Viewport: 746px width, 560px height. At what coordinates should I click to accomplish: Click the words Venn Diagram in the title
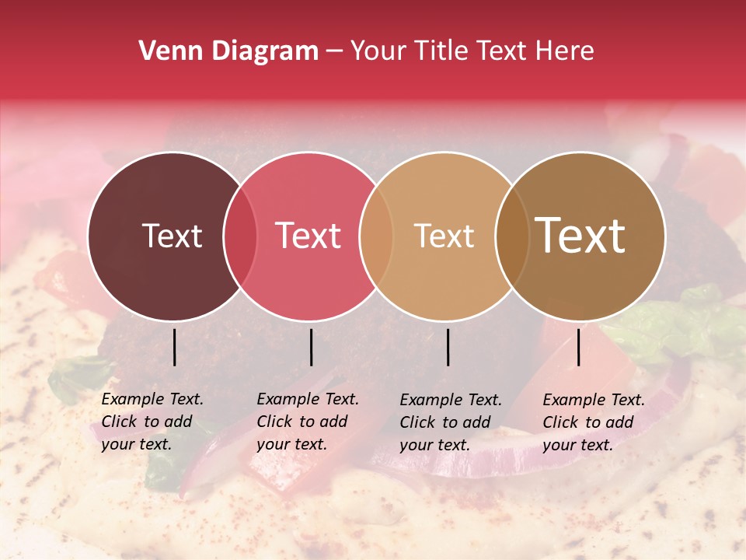[x=228, y=51]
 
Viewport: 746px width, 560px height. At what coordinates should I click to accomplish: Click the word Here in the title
[x=565, y=51]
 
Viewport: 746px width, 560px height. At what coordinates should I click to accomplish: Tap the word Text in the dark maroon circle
[x=172, y=236]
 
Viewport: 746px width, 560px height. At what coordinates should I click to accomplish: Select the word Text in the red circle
[x=308, y=236]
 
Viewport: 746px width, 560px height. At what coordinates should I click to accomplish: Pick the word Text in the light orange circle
[x=444, y=236]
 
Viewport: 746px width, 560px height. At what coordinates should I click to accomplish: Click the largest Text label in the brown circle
[x=580, y=236]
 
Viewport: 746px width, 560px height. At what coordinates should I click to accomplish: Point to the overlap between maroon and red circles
[x=240, y=236]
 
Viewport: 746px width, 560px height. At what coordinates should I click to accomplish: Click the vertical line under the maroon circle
[x=174, y=347]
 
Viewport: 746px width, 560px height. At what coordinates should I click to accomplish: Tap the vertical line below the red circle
[x=311, y=347]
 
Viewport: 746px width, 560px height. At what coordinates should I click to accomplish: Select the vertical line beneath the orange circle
[x=448, y=347]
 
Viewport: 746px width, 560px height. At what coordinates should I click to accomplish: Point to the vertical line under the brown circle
[x=578, y=347]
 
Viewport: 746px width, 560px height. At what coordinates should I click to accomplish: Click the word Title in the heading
[x=441, y=51]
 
